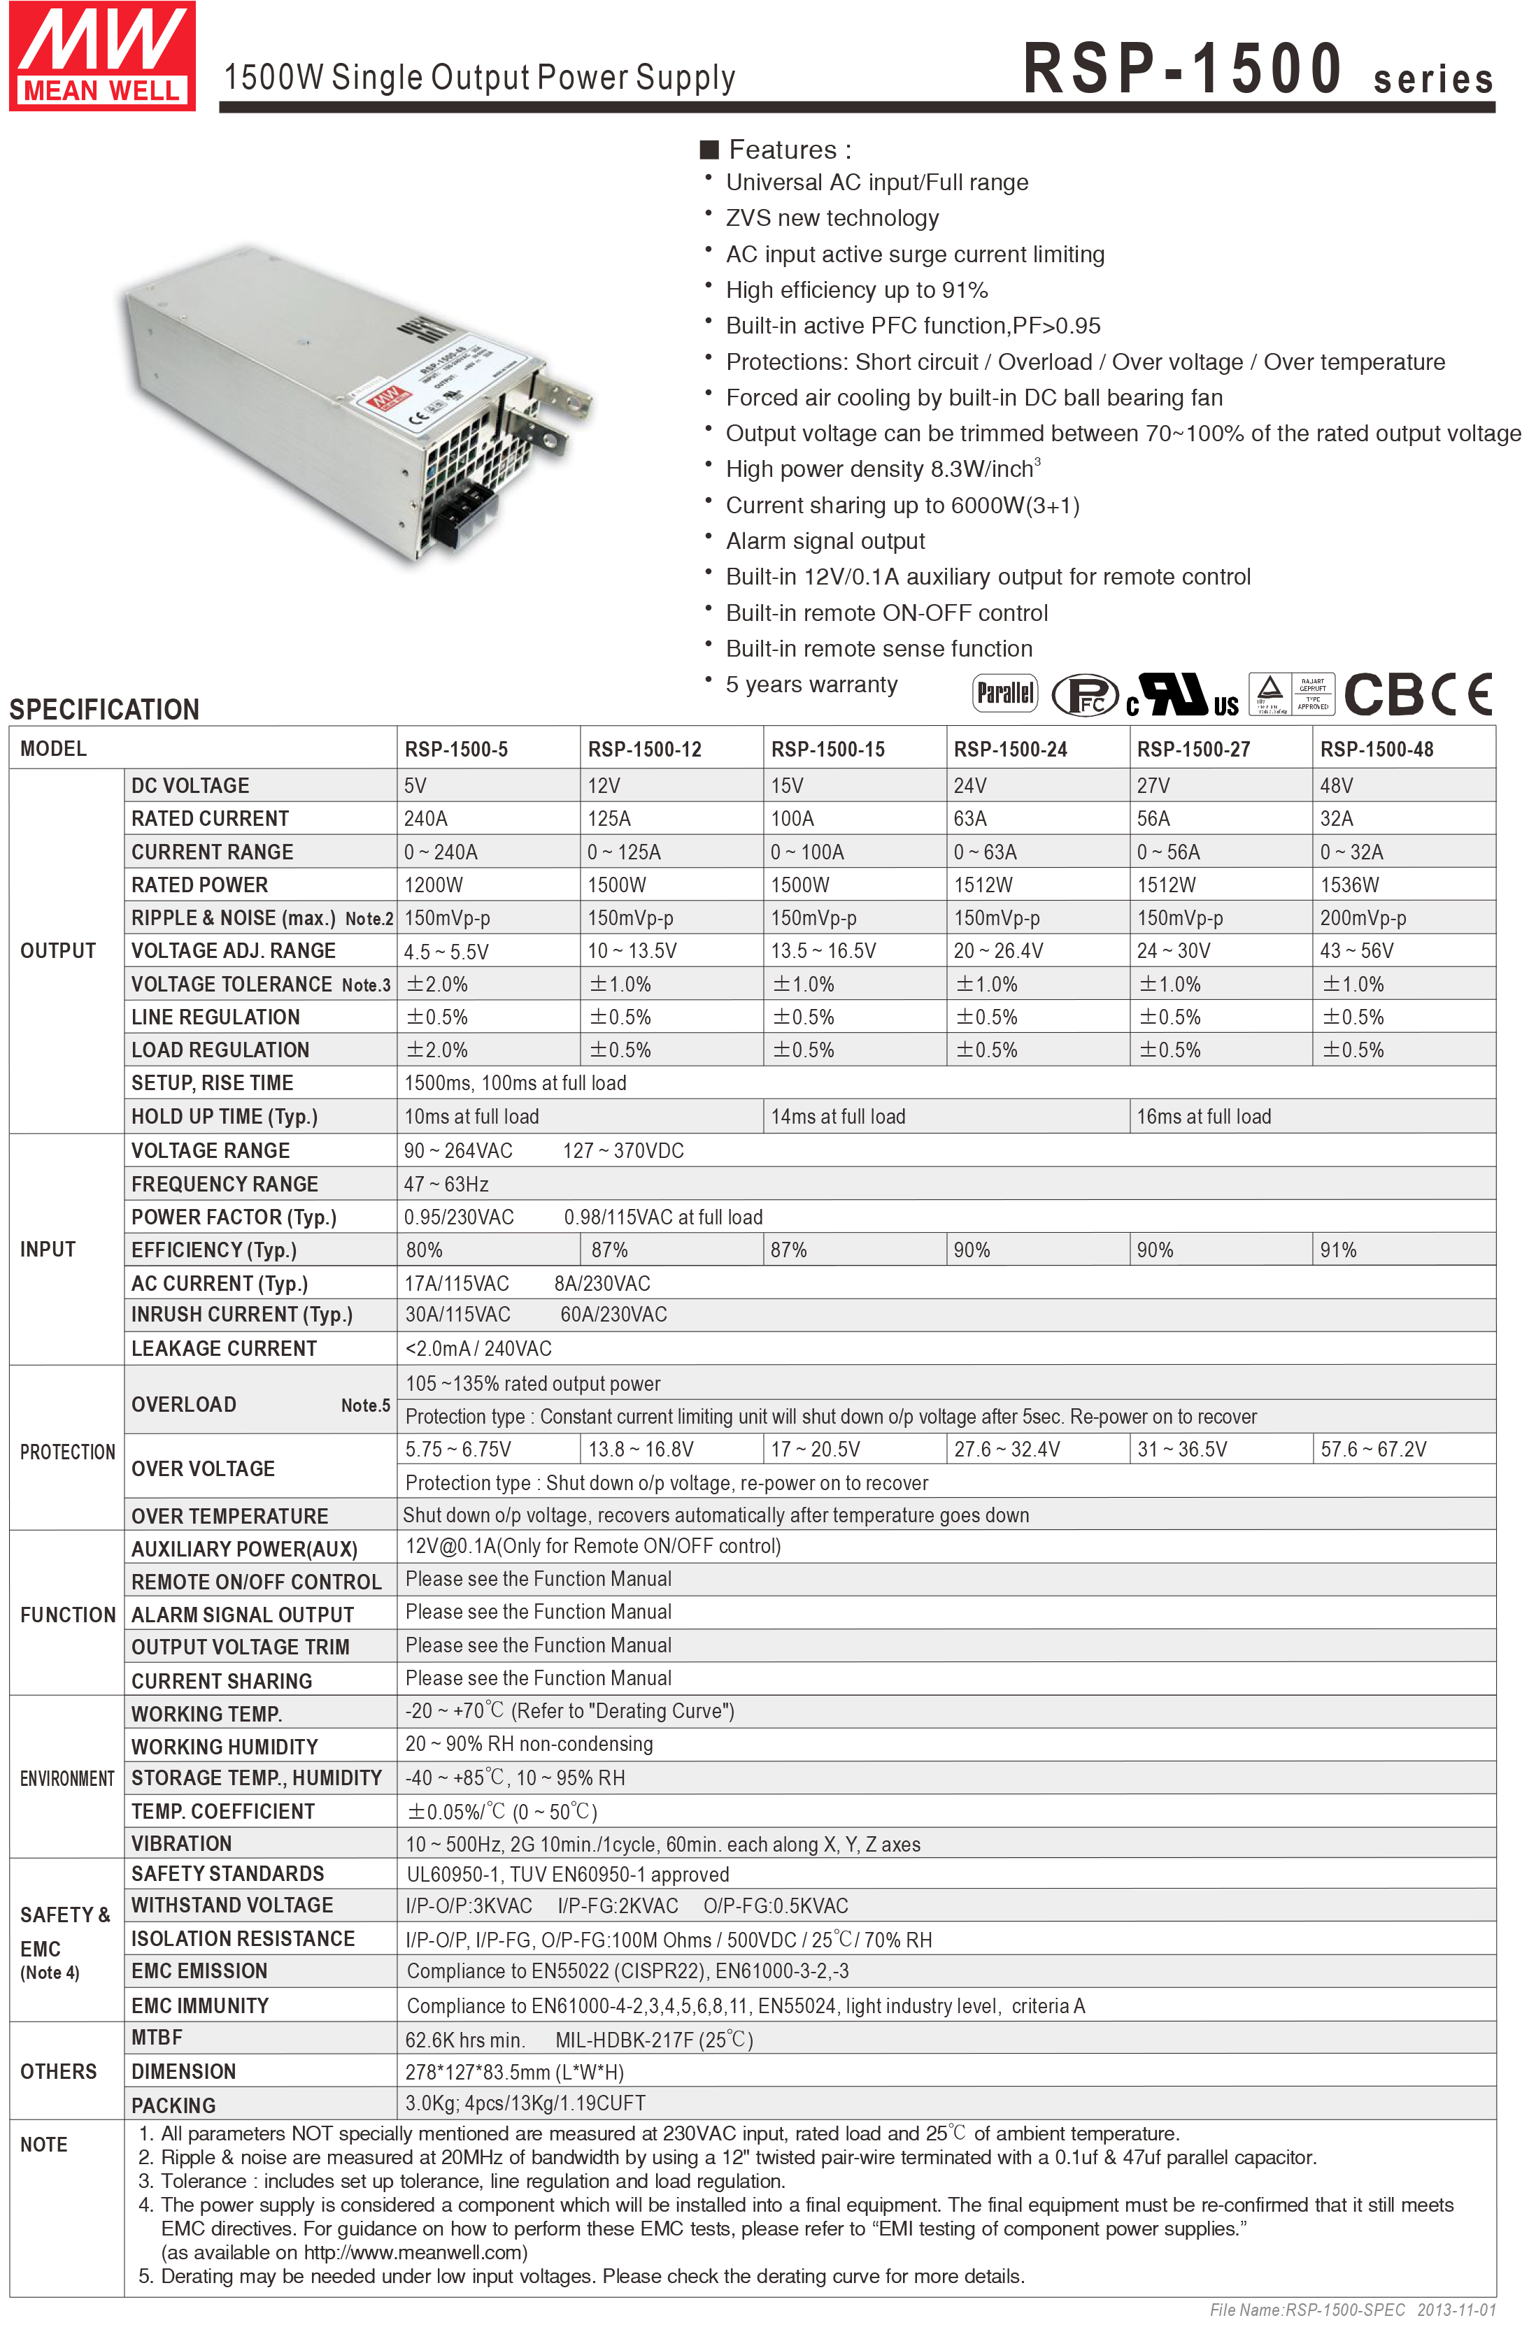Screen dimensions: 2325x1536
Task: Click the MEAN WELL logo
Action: (x=102, y=57)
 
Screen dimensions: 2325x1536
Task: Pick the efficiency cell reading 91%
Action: (x=1338, y=1250)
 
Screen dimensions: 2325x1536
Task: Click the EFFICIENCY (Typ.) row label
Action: (x=213, y=1250)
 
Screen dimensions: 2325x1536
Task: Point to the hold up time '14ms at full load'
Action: (x=837, y=1117)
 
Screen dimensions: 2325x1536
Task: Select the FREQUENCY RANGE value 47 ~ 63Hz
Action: (x=446, y=1184)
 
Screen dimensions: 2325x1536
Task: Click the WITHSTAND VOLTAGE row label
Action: (x=232, y=1905)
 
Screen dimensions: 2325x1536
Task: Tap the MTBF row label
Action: (x=157, y=2037)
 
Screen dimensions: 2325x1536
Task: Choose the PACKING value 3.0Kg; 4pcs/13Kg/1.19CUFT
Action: (x=525, y=2103)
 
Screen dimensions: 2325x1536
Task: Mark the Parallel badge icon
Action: (x=1004, y=694)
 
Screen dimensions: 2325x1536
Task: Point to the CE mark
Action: (x=1462, y=695)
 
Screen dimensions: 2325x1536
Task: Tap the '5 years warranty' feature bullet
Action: (x=811, y=685)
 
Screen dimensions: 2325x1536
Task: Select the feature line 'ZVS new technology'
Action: (x=832, y=218)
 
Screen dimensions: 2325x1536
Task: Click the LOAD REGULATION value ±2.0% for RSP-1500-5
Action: (x=437, y=1050)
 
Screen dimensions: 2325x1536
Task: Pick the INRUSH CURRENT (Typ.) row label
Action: (x=241, y=1315)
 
